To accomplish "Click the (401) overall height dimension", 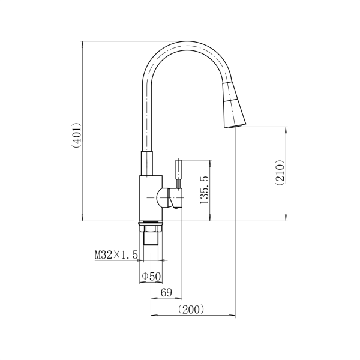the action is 77,135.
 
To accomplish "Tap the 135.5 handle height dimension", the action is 205,190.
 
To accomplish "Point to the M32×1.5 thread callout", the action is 116,255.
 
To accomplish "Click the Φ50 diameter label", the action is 152,276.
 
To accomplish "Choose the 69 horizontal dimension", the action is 166,293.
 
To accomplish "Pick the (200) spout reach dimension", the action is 191,310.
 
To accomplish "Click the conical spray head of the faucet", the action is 233,105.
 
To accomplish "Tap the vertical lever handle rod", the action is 178,174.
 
